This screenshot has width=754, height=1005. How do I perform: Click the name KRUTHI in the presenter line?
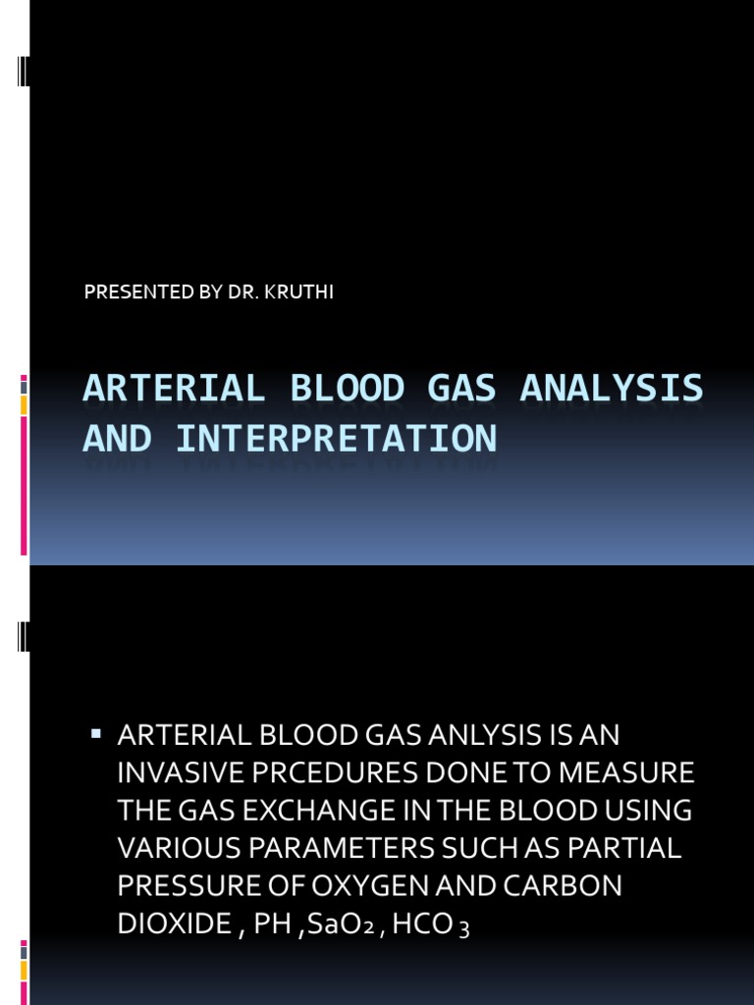tap(303, 293)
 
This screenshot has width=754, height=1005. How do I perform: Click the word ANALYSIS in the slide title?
tap(612, 389)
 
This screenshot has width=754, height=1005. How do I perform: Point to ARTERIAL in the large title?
tap(175, 389)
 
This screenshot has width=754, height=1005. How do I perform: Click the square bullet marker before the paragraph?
tap(96, 733)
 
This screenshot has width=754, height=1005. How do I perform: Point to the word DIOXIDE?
tap(162, 924)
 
